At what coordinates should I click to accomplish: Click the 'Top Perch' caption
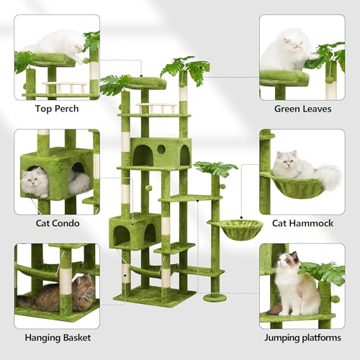(x=56, y=109)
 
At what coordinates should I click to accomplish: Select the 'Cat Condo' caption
(x=56, y=223)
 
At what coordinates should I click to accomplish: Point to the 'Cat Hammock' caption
(x=302, y=223)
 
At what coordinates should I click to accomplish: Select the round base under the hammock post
(x=215, y=297)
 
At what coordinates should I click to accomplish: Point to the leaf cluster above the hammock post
(x=215, y=169)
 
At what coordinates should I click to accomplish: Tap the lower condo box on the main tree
(x=135, y=231)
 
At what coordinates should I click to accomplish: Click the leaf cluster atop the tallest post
(x=186, y=68)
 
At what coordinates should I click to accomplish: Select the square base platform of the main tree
(x=154, y=296)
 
